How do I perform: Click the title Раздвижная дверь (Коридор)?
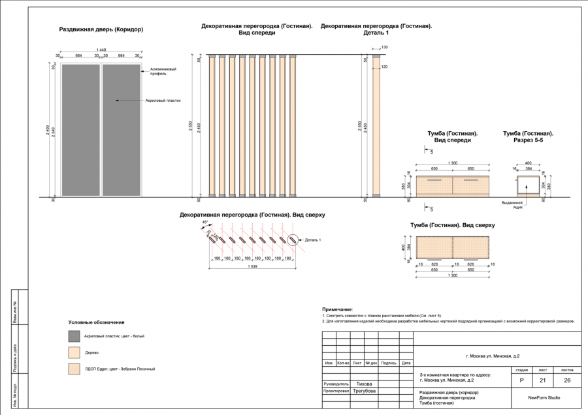[101, 29]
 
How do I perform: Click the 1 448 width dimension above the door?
[101, 50]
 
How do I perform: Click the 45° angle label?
[205, 223]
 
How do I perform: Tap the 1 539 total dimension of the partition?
[252, 267]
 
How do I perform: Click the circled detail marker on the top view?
[293, 240]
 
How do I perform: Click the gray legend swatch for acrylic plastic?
[74, 336]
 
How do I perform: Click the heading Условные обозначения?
[97, 322]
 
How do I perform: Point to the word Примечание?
[337, 309]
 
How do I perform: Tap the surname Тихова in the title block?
[365, 384]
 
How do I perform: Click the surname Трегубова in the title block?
[365, 392]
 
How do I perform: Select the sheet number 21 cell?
[542, 380]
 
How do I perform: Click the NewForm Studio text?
[544, 397]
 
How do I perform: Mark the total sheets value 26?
[567, 380]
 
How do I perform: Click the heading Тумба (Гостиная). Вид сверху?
[453, 225]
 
